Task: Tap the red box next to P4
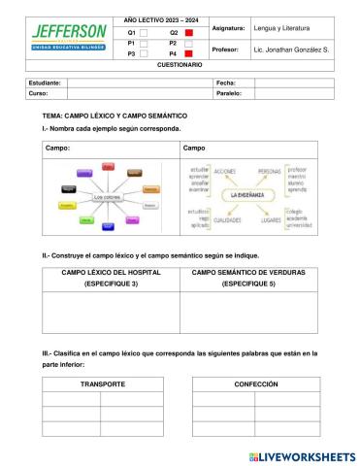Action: [188, 54]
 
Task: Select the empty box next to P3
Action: [145, 54]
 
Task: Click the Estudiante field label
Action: [46, 83]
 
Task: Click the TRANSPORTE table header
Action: [102, 385]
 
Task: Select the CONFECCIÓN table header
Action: [255, 385]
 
